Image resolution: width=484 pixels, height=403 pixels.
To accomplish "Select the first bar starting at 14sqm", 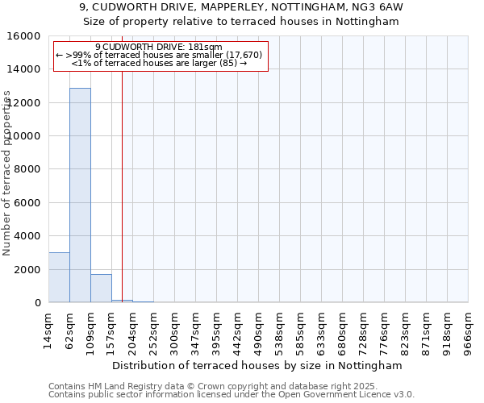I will [59, 277].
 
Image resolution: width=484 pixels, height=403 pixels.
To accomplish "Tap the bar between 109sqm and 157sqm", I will [101, 289].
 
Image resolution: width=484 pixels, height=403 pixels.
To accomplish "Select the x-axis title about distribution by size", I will [258, 365].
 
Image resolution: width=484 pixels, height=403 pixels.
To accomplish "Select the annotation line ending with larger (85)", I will [159, 62].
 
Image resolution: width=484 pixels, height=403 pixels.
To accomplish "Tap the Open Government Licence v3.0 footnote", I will [232, 395].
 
